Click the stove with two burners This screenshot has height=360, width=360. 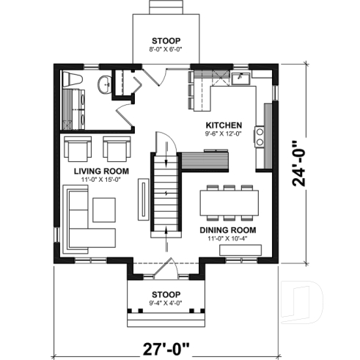260,135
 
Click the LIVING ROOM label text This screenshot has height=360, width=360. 101,170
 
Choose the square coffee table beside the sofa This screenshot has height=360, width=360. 103,210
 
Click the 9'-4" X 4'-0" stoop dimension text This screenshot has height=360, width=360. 165,303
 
